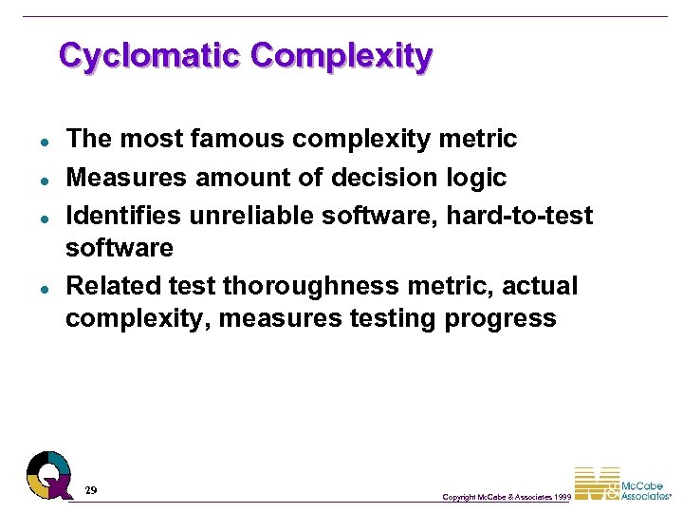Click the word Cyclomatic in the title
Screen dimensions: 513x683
[x=150, y=55]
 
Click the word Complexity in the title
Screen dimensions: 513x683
[x=341, y=55]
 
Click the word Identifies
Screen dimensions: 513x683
[x=123, y=216]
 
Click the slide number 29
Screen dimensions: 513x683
[x=90, y=490]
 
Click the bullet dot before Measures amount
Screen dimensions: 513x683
[x=45, y=180]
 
